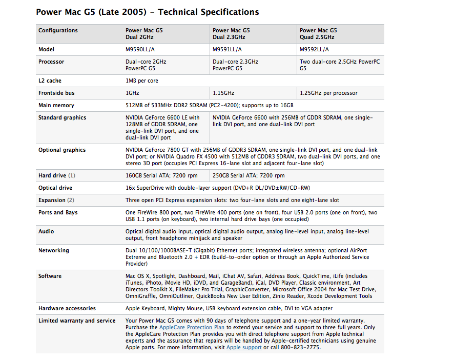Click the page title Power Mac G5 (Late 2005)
pos(147,12)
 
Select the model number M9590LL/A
pos(140,49)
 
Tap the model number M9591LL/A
pos(228,49)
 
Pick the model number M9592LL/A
pos(315,49)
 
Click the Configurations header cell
pos(58,31)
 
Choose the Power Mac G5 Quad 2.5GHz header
pos(318,34)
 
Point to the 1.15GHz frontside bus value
pos(223,93)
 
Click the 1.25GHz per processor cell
pos(328,93)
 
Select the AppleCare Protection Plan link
pos(192,327)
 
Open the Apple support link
pos(244,347)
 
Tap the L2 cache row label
pos(50,81)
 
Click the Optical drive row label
pos(55,188)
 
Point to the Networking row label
pos(53,250)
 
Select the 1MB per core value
pos(142,81)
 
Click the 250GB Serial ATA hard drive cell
pos(249,175)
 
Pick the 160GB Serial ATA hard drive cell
pos(161,175)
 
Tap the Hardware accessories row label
pos(67,308)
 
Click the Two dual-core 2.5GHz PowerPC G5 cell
pos(340,65)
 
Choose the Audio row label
pos(46,231)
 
